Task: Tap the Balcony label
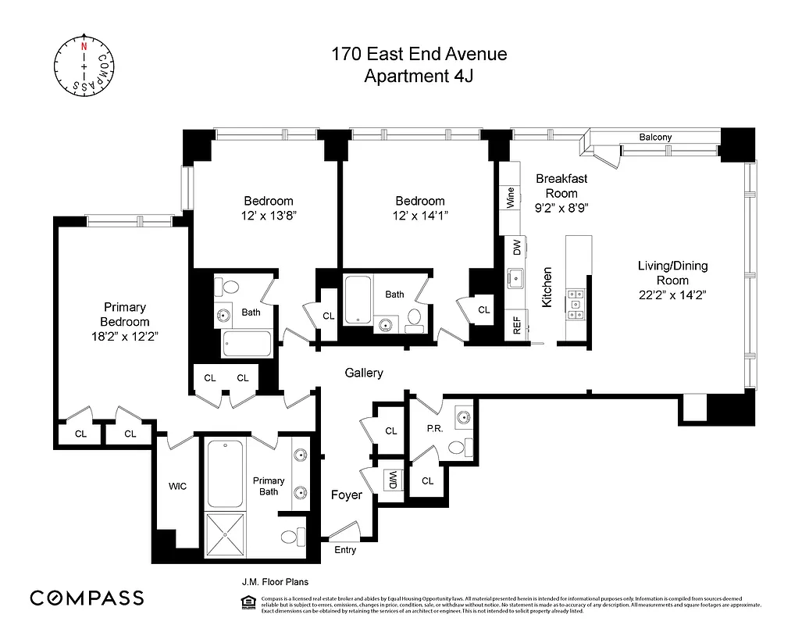click(654, 137)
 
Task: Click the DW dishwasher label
click(516, 248)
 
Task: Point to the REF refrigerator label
click(516, 325)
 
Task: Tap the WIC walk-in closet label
click(178, 486)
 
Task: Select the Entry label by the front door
click(344, 550)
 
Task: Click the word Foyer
click(346, 495)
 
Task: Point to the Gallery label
click(364, 373)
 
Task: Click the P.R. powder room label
click(435, 428)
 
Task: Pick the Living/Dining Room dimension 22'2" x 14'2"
click(672, 295)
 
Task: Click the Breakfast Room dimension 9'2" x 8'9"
click(561, 208)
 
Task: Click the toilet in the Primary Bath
click(291, 537)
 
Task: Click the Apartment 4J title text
click(419, 76)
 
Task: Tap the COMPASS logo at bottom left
click(87, 598)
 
